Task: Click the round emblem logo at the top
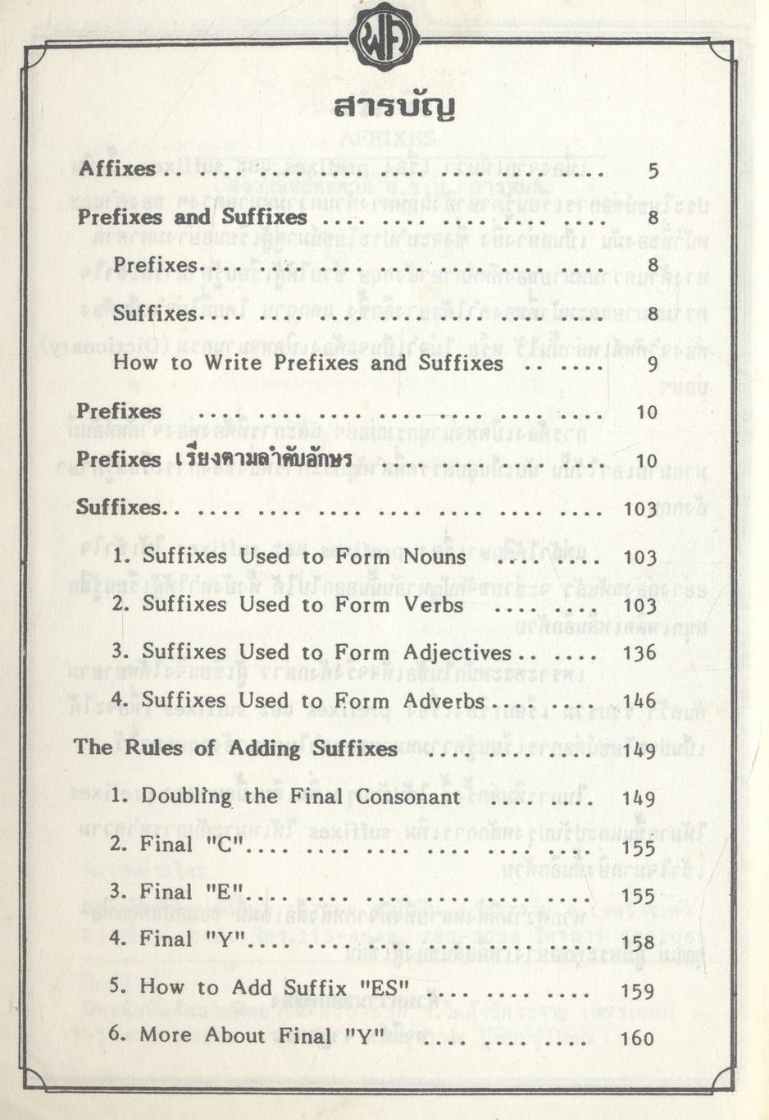point(384,37)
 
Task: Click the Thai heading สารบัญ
point(394,107)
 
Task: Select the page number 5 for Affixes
point(653,171)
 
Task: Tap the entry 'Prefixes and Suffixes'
point(192,217)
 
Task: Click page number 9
point(653,363)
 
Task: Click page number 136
point(639,653)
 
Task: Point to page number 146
point(639,701)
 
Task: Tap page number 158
point(638,942)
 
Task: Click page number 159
point(638,990)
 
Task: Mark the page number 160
point(638,1038)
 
